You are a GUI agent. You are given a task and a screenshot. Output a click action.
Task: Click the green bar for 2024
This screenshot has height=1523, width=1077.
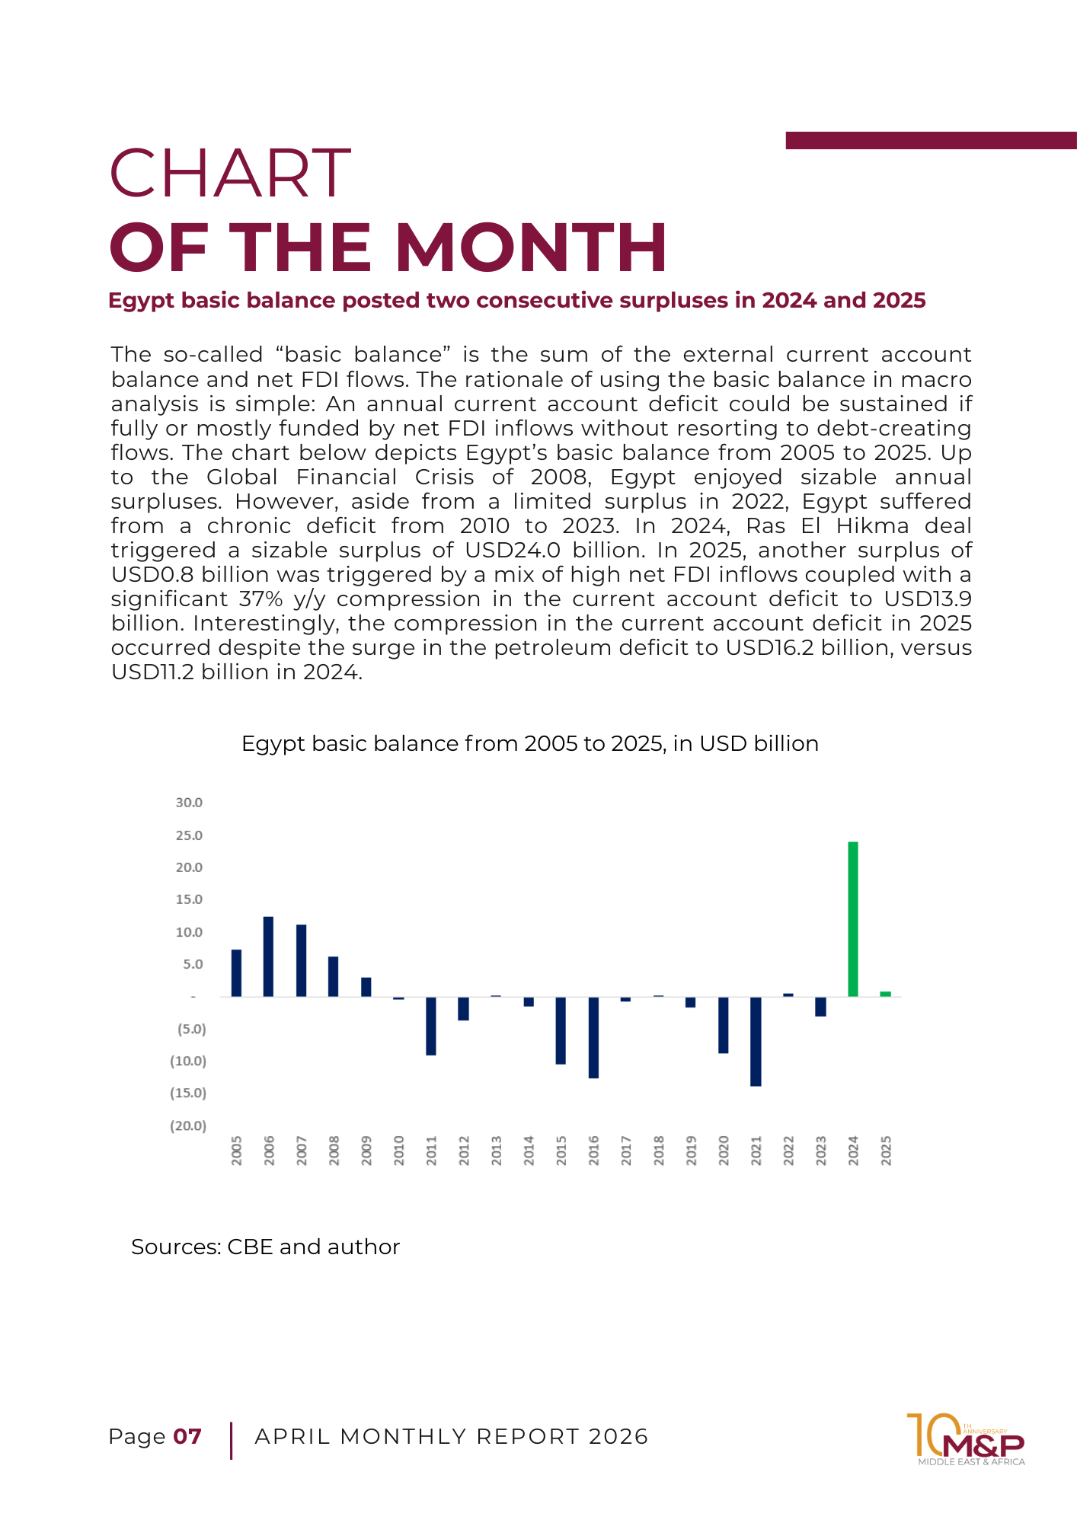coord(853,919)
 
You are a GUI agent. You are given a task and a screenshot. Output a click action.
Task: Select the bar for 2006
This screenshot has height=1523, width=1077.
coord(268,956)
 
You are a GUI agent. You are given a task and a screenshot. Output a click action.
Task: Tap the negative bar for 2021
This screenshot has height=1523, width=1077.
coord(756,1041)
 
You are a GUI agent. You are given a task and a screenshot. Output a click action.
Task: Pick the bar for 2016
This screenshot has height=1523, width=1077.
coord(593,1037)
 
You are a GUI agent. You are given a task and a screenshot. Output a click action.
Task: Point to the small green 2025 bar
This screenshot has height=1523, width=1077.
coord(886,994)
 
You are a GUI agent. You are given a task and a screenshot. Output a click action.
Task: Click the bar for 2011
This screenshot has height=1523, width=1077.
coord(431,1026)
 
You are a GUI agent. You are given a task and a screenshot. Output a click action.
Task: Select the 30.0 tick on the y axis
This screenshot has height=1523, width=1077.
coord(189,803)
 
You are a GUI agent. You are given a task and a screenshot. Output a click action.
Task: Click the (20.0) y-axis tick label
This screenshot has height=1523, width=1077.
coord(188,1125)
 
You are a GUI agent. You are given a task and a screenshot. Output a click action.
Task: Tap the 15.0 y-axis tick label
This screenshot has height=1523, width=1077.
coord(189,899)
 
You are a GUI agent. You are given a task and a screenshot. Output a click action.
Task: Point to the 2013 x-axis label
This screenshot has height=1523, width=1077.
coord(497,1151)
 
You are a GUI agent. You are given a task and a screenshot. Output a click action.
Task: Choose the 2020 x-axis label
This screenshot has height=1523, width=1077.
coord(724,1151)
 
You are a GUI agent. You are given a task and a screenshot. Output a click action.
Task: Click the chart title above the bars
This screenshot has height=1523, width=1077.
coord(530,743)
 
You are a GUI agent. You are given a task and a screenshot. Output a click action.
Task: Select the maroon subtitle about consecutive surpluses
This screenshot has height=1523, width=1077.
coord(517,301)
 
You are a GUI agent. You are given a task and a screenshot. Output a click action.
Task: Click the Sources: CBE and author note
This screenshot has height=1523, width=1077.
coord(265,1247)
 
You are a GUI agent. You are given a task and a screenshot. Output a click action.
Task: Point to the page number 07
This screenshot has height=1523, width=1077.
coord(187,1436)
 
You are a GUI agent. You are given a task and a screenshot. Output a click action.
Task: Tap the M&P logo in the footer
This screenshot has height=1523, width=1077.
coord(966,1439)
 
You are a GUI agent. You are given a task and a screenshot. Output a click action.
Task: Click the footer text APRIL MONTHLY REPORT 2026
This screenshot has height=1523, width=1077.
coord(452,1436)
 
